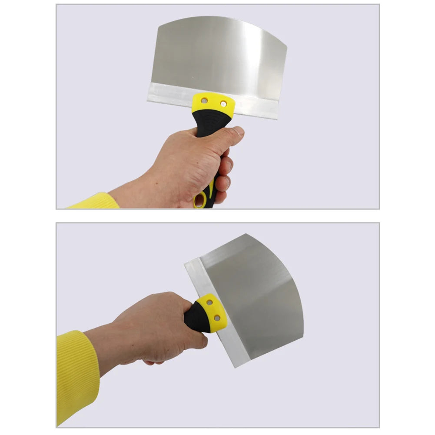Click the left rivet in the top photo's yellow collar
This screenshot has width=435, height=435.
(204, 101)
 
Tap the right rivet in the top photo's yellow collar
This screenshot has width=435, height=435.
(223, 103)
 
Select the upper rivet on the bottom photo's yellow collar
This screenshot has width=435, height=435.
(209, 302)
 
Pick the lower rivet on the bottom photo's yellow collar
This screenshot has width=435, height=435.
(216, 318)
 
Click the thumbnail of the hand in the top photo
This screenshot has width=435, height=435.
(238, 130)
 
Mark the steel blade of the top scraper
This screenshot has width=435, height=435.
(217, 56)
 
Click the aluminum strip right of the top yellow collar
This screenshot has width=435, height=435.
(256, 108)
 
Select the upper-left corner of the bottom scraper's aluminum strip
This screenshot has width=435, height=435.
(186, 263)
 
